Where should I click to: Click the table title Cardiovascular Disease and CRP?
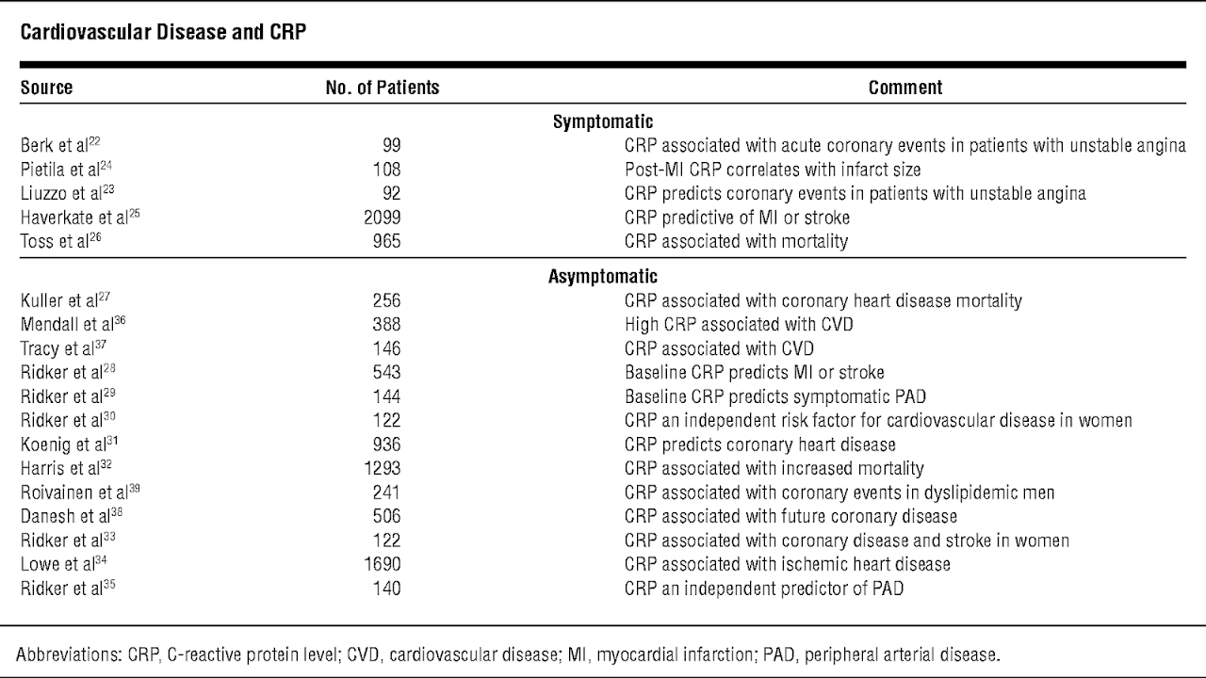[x=163, y=32]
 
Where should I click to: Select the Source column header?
[x=46, y=88]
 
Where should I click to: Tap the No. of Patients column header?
[x=383, y=88]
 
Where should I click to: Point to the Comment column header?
[x=905, y=88]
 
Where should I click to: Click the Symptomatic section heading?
[x=603, y=121]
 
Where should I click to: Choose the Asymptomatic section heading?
[x=603, y=276]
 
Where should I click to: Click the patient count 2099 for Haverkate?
[x=383, y=218]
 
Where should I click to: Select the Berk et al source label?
[x=60, y=145]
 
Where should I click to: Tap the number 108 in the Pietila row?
[x=386, y=169]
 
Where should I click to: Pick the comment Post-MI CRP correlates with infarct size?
[x=773, y=169]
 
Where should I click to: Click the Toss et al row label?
[x=61, y=240]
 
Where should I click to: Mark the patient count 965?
[x=386, y=241]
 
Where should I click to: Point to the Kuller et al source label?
[x=65, y=299]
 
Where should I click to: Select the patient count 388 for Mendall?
[x=386, y=324]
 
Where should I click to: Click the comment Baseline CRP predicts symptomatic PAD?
[x=775, y=396]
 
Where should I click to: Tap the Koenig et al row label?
[x=69, y=444]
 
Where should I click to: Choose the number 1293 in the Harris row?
[x=383, y=468]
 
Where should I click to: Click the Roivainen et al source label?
[x=80, y=492]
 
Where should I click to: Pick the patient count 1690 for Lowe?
[x=383, y=564]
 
